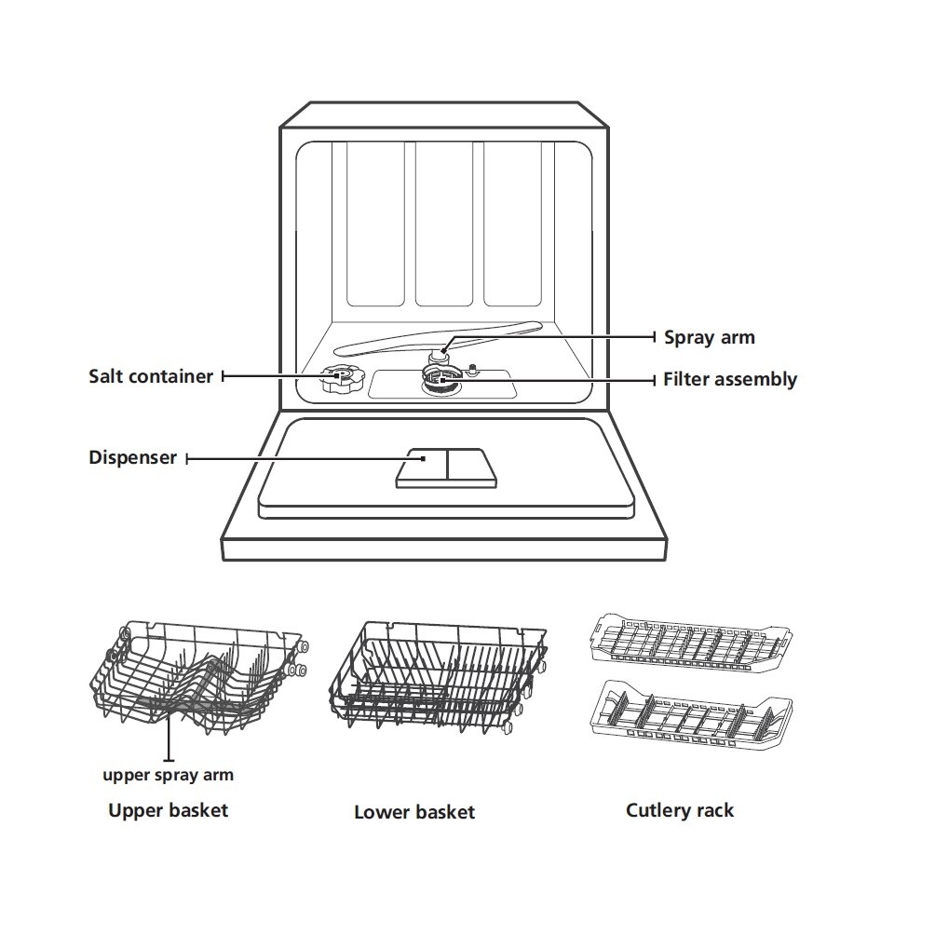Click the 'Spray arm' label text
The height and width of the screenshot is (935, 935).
[x=709, y=337]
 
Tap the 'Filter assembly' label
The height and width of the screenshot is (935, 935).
[x=729, y=380]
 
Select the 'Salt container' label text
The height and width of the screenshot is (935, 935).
[x=151, y=376]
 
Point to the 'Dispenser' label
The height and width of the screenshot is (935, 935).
[x=132, y=458]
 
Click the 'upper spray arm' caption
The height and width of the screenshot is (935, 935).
[x=168, y=775]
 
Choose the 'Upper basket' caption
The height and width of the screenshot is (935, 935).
[x=168, y=810]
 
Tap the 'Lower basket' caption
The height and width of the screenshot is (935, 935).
[x=413, y=812]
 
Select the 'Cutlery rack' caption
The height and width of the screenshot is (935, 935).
[x=679, y=810]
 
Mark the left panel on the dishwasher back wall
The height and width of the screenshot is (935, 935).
[x=374, y=224]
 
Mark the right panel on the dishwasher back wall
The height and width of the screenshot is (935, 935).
[x=513, y=224]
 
